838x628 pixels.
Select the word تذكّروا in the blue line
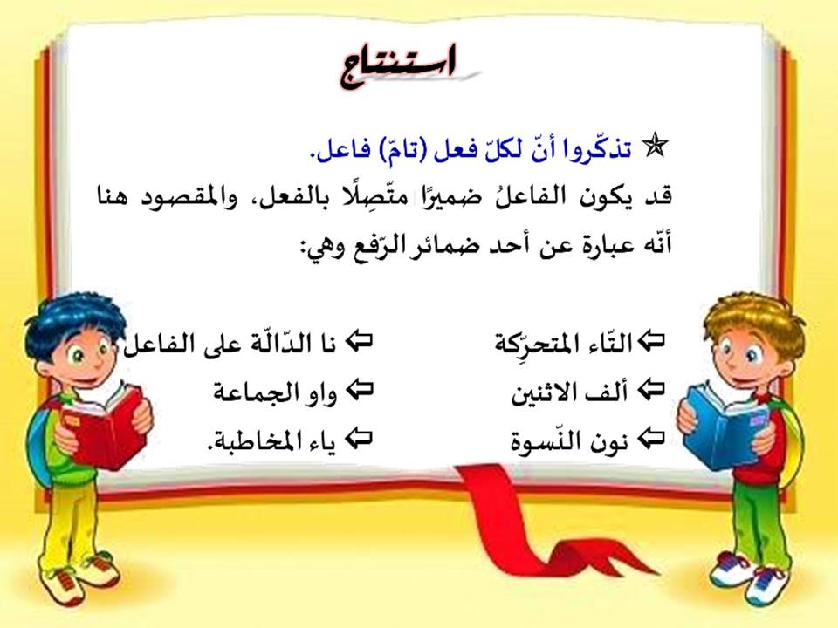click(x=603, y=149)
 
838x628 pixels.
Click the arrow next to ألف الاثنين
click(x=653, y=389)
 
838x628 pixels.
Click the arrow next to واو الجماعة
click(x=360, y=389)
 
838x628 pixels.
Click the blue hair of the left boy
click(x=70, y=314)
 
